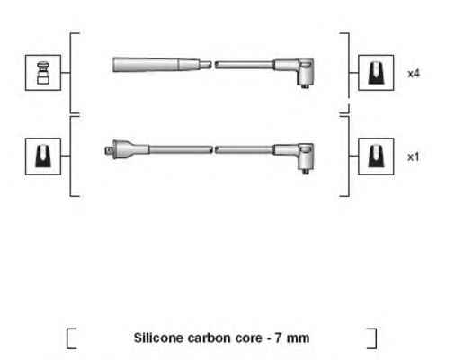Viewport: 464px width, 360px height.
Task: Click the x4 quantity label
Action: pos(414,74)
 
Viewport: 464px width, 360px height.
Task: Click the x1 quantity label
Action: pos(414,157)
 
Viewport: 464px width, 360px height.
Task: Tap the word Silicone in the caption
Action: pos(158,337)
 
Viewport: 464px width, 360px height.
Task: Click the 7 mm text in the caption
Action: pos(292,338)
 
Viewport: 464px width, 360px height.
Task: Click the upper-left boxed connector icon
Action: pos(43,73)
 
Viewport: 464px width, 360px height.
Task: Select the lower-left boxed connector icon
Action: pos(43,157)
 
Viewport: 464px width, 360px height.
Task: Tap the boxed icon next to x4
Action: pos(376,73)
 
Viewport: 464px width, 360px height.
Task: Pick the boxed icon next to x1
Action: pos(376,157)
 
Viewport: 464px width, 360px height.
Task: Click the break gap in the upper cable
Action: pos(213,65)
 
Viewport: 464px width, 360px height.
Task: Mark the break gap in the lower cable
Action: pos(213,149)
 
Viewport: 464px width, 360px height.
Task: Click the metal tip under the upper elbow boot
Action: pos(305,86)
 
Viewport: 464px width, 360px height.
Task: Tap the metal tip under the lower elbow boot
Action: pos(305,171)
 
